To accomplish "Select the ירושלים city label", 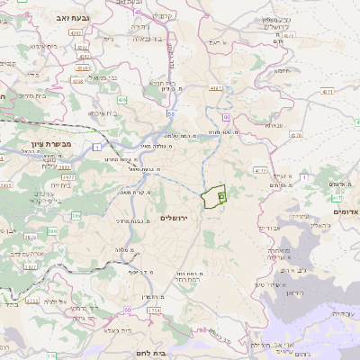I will click(176, 219).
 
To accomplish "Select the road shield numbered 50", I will click(171, 113).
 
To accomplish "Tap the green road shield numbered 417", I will click(337, 197).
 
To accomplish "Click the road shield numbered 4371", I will click(215, 89).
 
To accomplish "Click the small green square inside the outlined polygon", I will click(221, 195).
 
